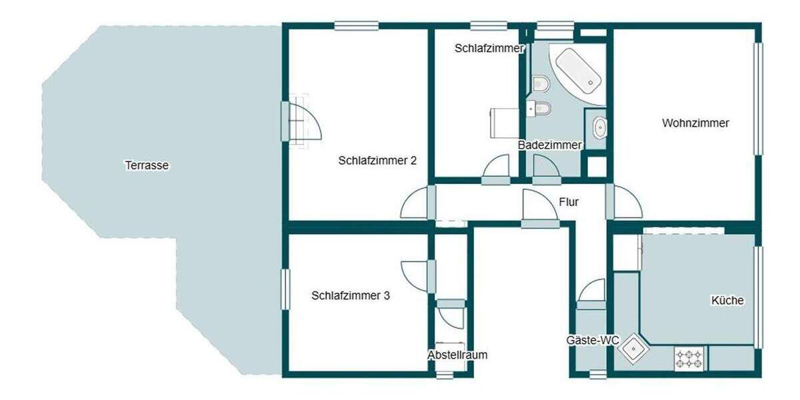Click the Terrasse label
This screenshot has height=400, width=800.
tap(147, 165)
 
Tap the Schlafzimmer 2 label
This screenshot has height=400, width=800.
tap(377, 160)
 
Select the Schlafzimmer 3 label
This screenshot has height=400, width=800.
tap(351, 295)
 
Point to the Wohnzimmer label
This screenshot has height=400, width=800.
tap(695, 123)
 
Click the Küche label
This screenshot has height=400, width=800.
tap(727, 301)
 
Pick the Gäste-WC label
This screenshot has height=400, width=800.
tap(593, 341)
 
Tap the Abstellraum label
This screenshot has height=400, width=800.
tap(457, 355)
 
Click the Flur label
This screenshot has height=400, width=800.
tap(569, 202)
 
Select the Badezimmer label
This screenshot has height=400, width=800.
tap(550, 145)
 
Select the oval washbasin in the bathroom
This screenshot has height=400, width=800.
tap(600, 127)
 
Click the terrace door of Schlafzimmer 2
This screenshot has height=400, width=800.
tap(303, 121)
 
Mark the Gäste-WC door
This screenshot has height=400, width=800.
tap(591, 293)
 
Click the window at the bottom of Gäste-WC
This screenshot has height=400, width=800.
tap(598, 375)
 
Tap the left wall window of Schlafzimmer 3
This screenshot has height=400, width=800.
tap(286, 289)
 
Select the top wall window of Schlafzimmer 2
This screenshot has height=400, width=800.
tap(357, 26)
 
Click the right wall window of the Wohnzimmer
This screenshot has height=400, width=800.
tap(758, 99)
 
